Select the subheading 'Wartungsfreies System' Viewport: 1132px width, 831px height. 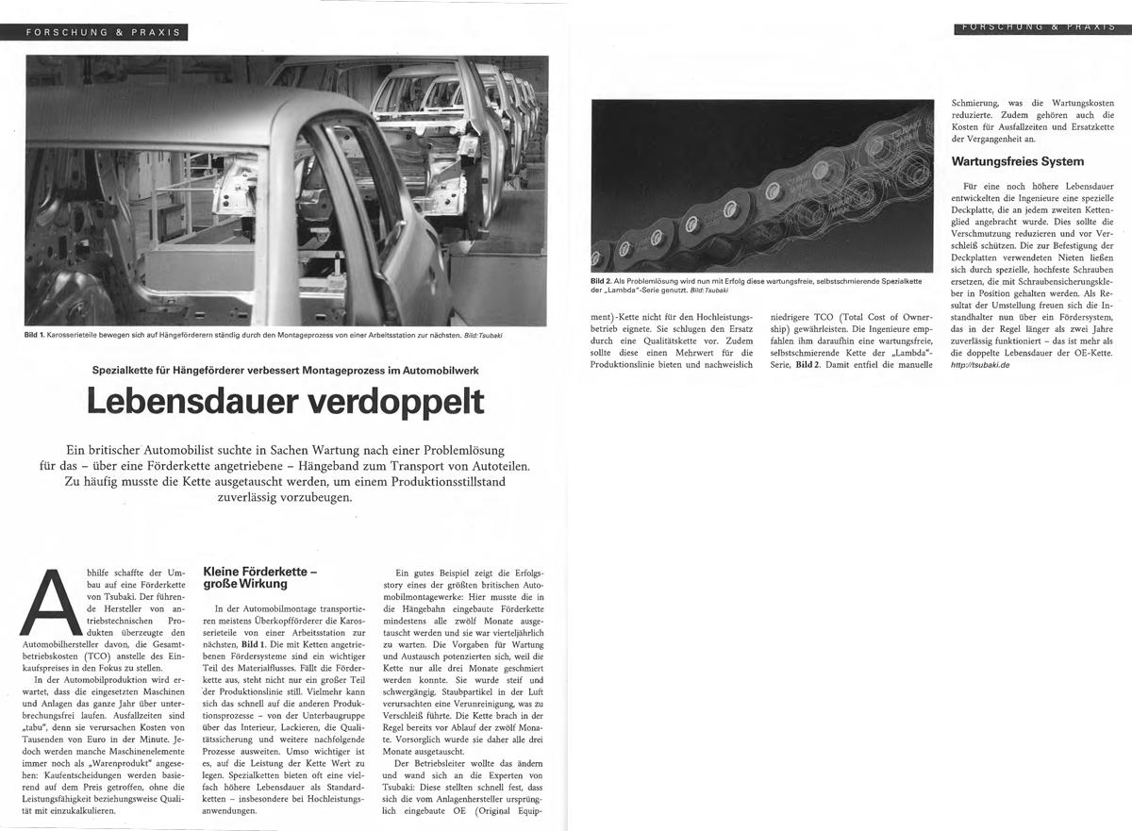click(1017, 161)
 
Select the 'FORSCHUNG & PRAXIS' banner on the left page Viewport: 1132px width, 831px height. click(104, 31)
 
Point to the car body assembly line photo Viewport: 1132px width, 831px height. click(286, 189)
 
